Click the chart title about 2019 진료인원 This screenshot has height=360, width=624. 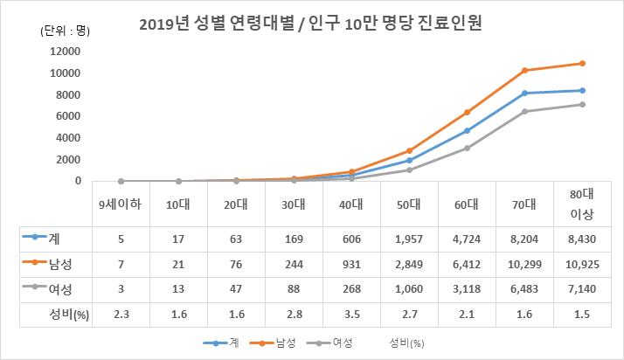311,24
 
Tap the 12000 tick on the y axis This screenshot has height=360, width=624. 66,51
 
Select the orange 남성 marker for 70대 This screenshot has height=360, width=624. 524,70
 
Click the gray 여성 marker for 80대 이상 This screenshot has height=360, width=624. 582,104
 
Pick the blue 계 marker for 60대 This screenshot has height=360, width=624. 467,130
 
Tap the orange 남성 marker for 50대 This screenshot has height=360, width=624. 409,150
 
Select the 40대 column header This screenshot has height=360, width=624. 351,205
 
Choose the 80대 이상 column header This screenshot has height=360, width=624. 582,205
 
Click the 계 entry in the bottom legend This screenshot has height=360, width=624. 229,343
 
